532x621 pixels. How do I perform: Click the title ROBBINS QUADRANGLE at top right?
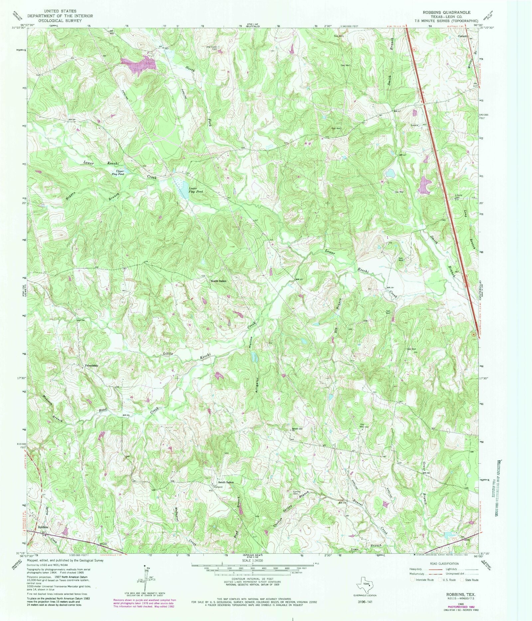coord(446,12)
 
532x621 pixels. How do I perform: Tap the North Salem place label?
coord(218,281)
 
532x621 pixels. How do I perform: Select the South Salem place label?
coord(226,482)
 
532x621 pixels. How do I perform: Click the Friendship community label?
coord(91,365)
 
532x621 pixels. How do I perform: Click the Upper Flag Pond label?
coord(118,173)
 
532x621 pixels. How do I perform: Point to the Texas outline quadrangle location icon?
coord(365,583)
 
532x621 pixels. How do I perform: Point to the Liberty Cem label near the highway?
coord(459,196)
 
